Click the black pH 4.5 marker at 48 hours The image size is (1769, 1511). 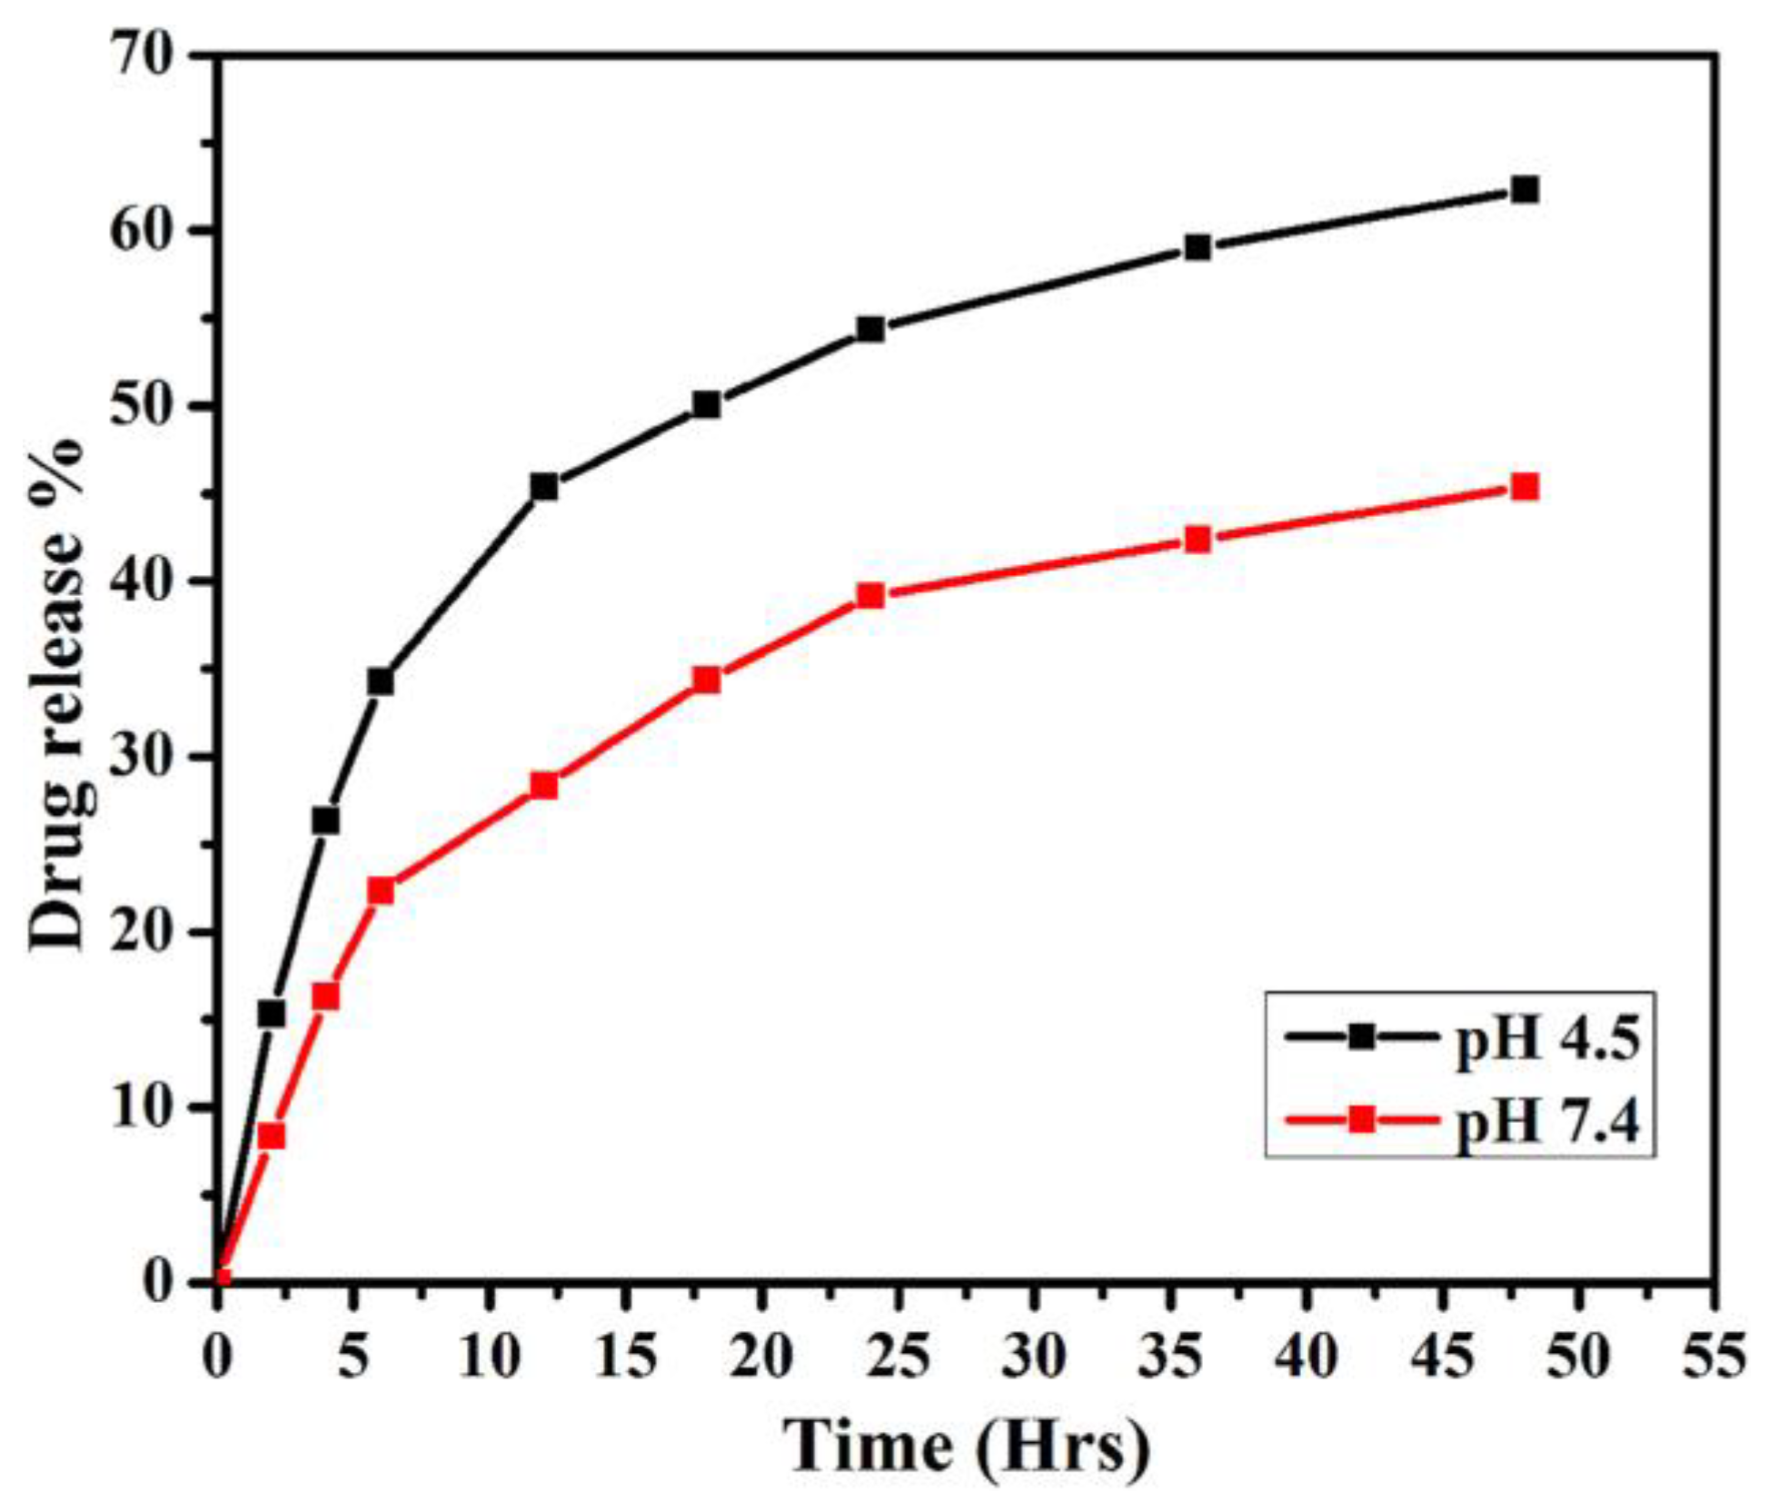(1526, 190)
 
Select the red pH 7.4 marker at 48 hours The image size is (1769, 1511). (1526, 488)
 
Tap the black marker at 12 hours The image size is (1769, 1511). (544, 487)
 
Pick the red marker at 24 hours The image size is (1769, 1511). (870, 596)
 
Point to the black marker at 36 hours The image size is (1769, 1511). (1198, 247)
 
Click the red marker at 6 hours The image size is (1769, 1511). (381, 891)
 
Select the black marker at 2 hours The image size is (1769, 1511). (272, 1013)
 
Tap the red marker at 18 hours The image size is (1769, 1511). (707, 680)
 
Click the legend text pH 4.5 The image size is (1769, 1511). (1548, 1040)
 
